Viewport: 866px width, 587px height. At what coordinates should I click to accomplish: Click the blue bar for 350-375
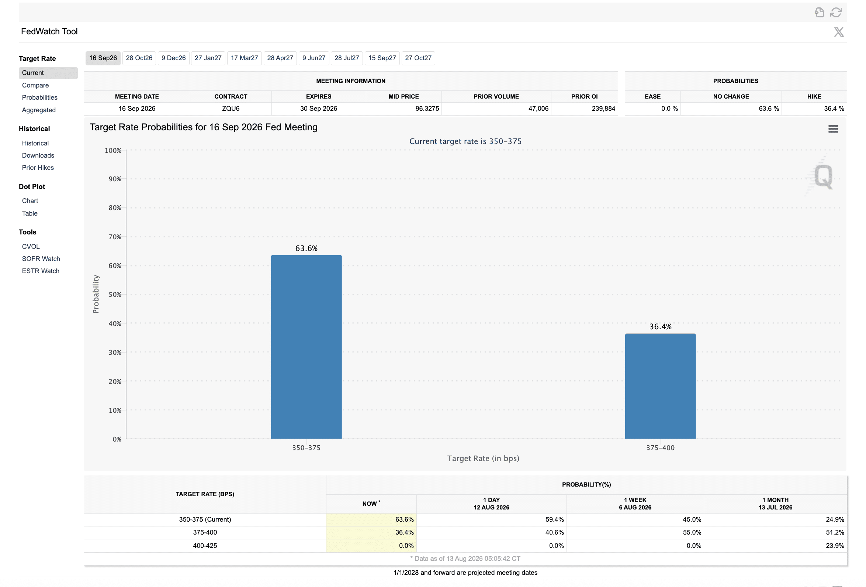coord(306,347)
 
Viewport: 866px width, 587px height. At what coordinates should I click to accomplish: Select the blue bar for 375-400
coord(660,386)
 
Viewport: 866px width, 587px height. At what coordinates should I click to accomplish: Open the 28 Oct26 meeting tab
coord(139,58)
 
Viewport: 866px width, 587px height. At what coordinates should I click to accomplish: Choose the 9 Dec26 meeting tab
coord(174,58)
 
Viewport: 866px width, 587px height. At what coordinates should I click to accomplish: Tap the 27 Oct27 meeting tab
coord(418,58)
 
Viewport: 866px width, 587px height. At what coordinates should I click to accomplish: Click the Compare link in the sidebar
coord(35,85)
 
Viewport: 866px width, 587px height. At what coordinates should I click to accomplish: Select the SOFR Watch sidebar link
coord(41,259)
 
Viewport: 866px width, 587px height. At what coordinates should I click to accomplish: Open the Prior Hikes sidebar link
coord(38,168)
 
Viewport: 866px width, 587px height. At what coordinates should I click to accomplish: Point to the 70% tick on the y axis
coord(115,237)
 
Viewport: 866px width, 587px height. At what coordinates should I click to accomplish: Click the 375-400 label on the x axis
coord(660,448)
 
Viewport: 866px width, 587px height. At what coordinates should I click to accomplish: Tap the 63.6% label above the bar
coord(306,248)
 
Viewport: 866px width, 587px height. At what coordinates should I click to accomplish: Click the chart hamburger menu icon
coord(833,129)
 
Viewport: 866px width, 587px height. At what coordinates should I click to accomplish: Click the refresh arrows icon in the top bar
coord(836,12)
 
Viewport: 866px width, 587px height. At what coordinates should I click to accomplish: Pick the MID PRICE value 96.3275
coord(427,109)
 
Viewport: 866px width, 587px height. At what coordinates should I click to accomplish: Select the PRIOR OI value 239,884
coord(603,109)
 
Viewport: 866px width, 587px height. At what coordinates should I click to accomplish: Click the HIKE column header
coord(814,97)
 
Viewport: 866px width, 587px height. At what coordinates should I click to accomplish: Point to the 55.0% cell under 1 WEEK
coord(692,533)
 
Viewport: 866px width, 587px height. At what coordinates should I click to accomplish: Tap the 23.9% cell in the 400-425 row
coord(835,546)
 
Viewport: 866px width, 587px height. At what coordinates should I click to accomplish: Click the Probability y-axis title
coord(96,294)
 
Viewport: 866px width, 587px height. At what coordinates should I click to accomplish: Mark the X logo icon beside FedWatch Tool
coord(839,32)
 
